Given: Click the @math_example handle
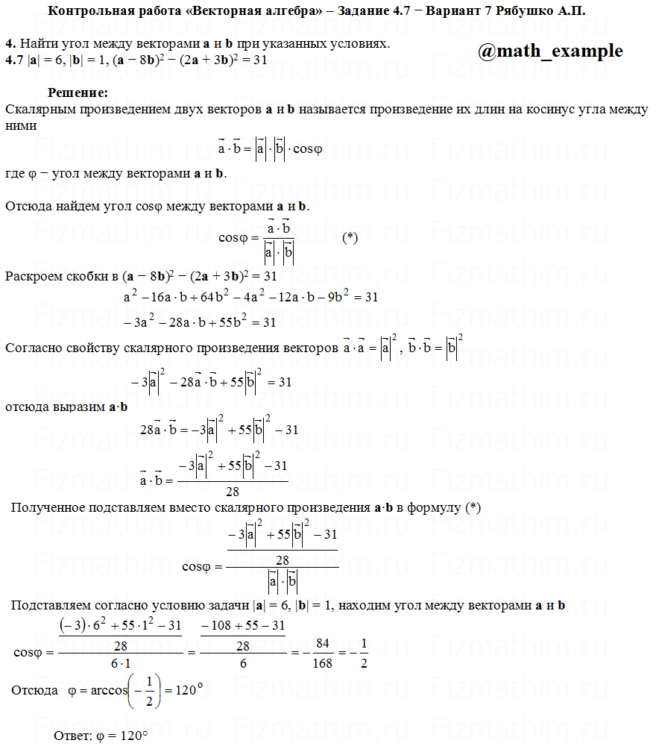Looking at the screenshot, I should (550, 51).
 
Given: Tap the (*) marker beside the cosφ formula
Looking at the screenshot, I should (350, 238).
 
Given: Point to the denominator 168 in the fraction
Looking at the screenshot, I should (322, 662).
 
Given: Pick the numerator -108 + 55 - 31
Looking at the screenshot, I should (242, 625).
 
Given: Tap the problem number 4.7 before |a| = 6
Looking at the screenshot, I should (14, 59).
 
